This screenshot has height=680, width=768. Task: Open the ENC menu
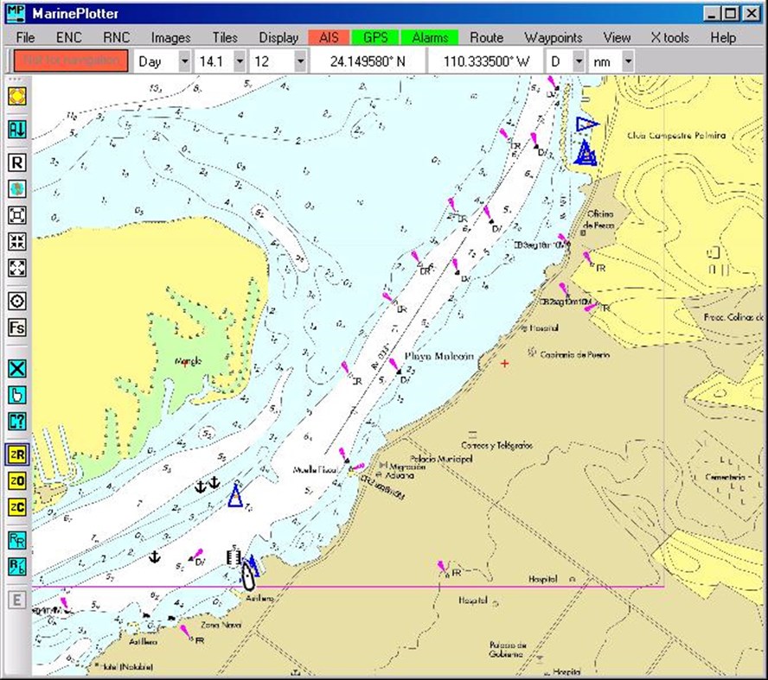coord(68,37)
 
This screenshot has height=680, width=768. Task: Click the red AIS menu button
coord(329,37)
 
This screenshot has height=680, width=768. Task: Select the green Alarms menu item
coord(430,37)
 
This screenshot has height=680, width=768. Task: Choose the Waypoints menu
coord(553,37)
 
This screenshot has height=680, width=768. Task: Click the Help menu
coord(722,37)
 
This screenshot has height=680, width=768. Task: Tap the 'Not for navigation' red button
coord(71,61)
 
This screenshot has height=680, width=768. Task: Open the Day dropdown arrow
coord(183,61)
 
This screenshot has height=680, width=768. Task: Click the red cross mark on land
coord(505,363)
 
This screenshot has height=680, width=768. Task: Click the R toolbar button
coord(16,162)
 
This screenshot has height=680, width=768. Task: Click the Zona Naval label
coord(221,625)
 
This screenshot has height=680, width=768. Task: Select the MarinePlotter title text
coord(76,13)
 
